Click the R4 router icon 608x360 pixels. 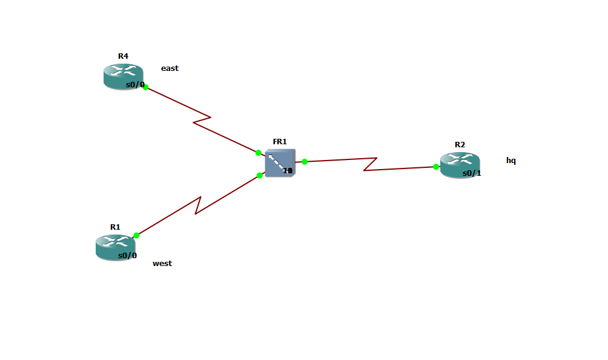(123, 76)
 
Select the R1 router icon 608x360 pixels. (115, 247)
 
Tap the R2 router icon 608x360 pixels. (460, 165)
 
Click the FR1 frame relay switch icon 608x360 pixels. (280, 163)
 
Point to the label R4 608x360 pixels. (123, 56)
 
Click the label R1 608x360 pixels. (115, 227)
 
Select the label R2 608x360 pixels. (460, 144)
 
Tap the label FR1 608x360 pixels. (280, 141)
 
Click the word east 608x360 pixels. (170, 68)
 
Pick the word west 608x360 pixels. (162, 264)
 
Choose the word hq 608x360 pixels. (511, 161)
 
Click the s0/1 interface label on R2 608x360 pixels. (472, 173)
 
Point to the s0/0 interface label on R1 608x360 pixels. (127, 256)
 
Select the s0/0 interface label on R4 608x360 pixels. (134, 85)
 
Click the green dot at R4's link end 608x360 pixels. (145, 87)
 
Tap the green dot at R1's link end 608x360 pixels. (136, 235)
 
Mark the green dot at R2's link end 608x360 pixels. (436, 167)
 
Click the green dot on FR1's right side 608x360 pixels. (305, 162)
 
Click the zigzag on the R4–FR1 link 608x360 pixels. (202, 119)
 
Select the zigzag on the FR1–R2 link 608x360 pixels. (370, 164)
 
